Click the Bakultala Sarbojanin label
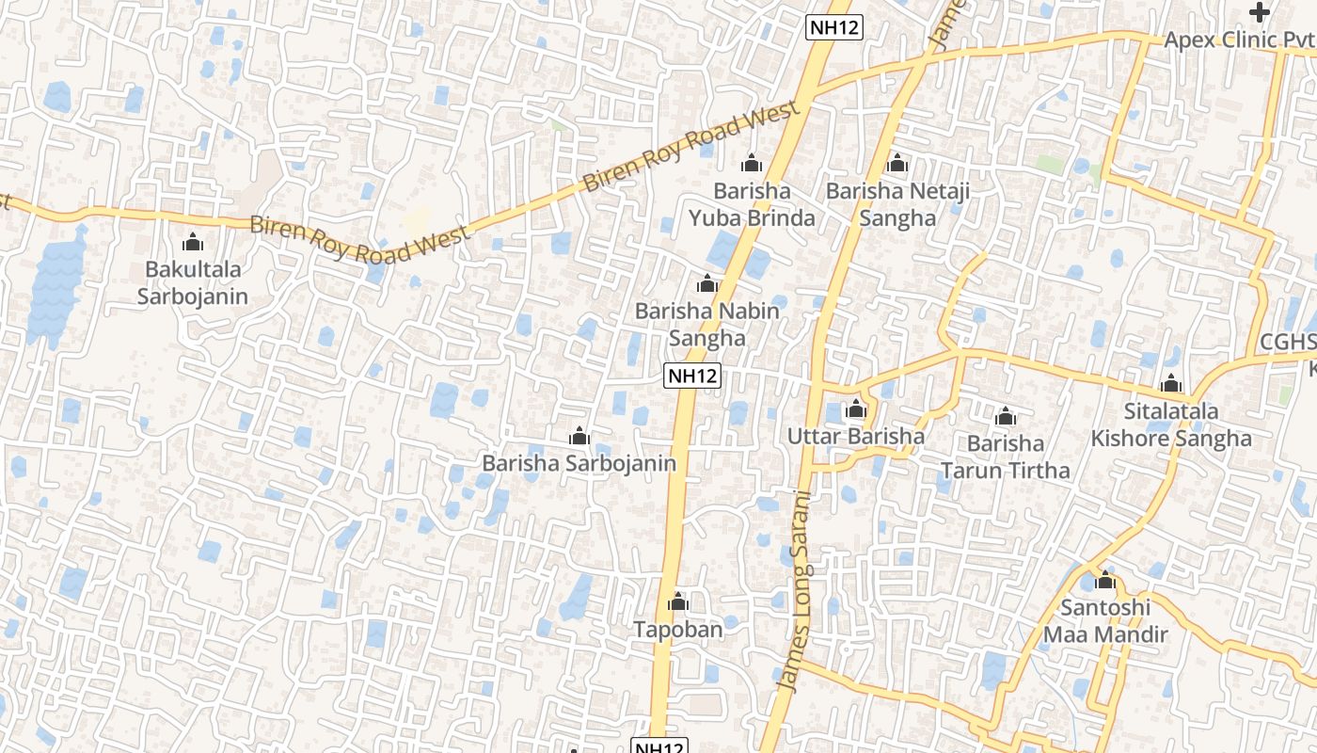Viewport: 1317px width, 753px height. pyautogui.click(x=193, y=283)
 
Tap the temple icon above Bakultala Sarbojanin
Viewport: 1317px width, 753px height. pyautogui.click(x=193, y=243)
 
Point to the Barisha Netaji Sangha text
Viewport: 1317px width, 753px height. pyautogui.click(x=897, y=205)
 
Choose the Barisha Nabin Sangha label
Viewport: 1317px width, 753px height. pyautogui.click(x=707, y=325)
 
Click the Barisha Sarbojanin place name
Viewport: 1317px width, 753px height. pyautogui.click(x=579, y=463)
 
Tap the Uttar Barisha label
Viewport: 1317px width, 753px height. pyautogui.click(x=856, y=437)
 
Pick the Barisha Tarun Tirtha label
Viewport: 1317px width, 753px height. pyautogui.click(x=1006, y=457)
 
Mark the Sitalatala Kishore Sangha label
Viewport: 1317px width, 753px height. pyautogui.click(x=1171, y=425)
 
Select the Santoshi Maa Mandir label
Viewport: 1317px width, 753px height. pyautogui.click(x=1105, y=621)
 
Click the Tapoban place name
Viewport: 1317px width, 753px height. pyautogui.click(x=678, y=630)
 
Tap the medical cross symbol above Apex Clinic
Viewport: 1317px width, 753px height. pyautogui.click(x=1260, y=12)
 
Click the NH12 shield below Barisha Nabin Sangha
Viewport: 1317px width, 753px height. pyautogui.click(x=692, y=376)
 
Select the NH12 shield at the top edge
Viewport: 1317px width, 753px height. pyautogui.click(x=834, y=27)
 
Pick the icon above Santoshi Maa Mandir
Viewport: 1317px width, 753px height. pyautogui.click(x=1105, y=580)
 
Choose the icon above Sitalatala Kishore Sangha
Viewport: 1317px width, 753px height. pyautogui.click(x=1171, y=383)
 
